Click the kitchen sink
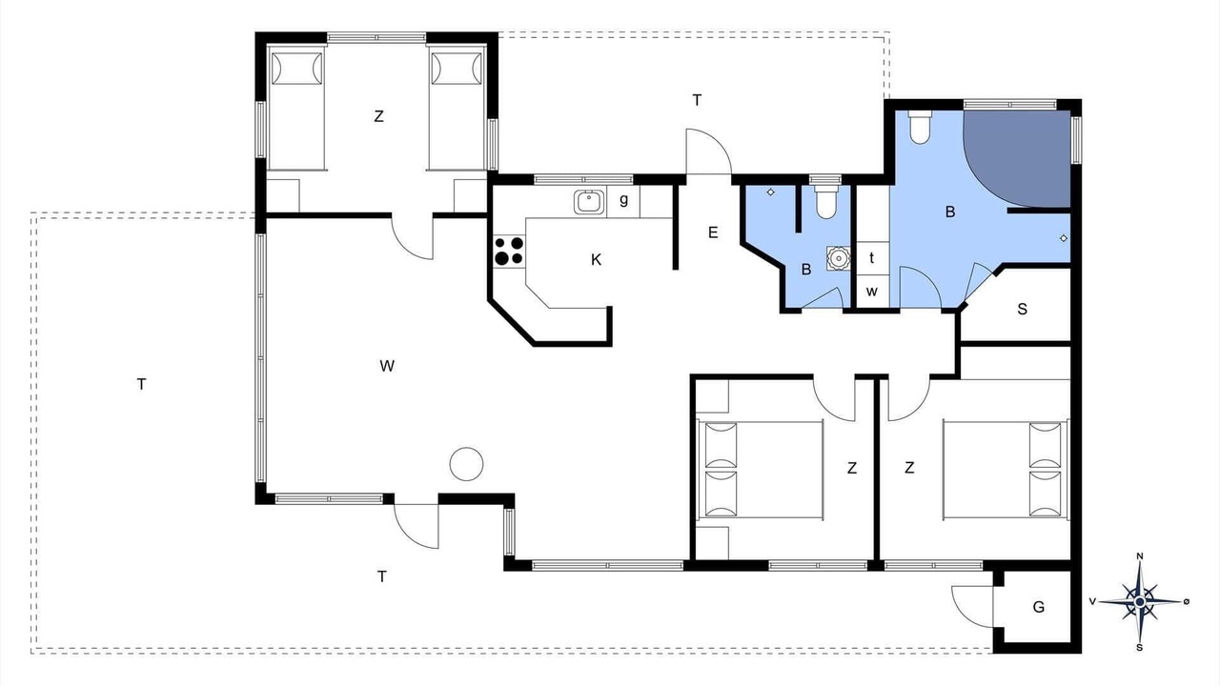pyautogui.click(x=589, y=201)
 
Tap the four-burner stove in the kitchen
pyautogui.click(x=509, y=251)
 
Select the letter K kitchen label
pyautogui.click(x=596, y=260)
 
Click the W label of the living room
pyautogui.click(x=387, y=366)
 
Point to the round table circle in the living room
pyautogui.click(x=466, y=464)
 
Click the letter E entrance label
pyautogui.click(x=713, y=232)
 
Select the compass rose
pyautogui.click(x=1140, y=601)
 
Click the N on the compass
pyautogui.click(x=1139, y=555)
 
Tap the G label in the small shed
pyautogui.click(x=1039, y=607)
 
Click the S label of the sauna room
pyautogui.click(x=1023, y=310)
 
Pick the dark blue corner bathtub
pyautogui.click(x=1017, y=159)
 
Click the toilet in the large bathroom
pyautogui.click(x=920, y=127)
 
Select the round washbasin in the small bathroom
pyautogui.click(x=838, y=258)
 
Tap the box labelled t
pyautogui.click(x=872, y=258)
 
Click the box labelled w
pyautogui.click(x=872, y=292)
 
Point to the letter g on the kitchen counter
pyautogui.click(x=623, y=200)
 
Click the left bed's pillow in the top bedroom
pyautogui.click(x=296, y=68)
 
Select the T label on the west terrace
pyautogui.click(x=142, y=384)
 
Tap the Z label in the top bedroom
pyautogui.click(x=378, y=116)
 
